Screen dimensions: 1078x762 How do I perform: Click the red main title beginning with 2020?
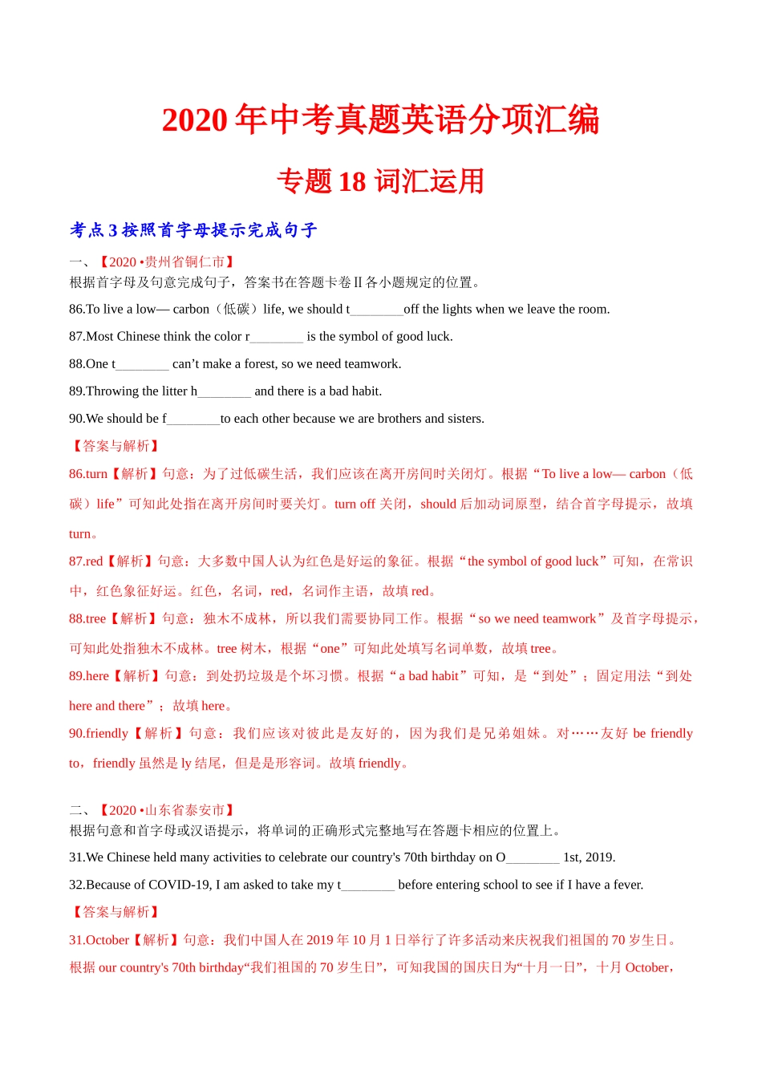pos(380,120)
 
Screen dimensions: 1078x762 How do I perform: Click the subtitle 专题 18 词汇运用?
pos(380,181)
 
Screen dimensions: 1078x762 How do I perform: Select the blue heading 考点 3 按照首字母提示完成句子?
pos(193,230)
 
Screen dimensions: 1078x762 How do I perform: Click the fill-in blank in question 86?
pos(377,310)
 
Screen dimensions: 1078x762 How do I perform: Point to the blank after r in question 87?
pos(277,337)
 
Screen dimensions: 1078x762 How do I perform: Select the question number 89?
pos(77,391)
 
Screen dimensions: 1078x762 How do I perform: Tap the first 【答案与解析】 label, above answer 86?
pos(116,446)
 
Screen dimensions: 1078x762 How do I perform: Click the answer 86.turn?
pos(88,474)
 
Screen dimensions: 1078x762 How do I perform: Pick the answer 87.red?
pos(86,561)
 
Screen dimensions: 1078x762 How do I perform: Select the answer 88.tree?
pos(87,619)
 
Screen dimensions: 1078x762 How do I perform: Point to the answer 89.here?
pos(89,676)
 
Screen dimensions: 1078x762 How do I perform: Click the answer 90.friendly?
pos(99,733)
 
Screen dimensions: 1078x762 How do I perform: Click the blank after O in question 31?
pos(533,857)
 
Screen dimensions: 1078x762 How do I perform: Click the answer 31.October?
pos(99,940)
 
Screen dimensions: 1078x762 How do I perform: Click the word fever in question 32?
pos(626,885)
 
